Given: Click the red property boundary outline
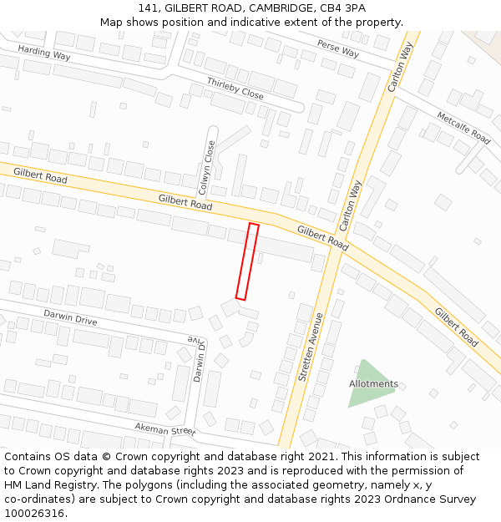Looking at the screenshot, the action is [x=247, y=261].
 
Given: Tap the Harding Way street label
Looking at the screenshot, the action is [x=43, y=52].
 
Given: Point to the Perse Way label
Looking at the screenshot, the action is [x=337, y=49].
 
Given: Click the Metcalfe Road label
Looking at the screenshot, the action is [x=463, y=125].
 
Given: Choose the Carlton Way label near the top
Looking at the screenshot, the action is [x=401, y=67].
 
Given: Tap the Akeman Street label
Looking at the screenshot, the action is [x=164, y=428].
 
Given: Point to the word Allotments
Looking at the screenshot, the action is [x=373, y=384].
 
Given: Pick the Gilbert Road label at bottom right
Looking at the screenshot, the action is [x=456, y=327].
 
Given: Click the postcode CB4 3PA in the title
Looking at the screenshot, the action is [x=343, y=8].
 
